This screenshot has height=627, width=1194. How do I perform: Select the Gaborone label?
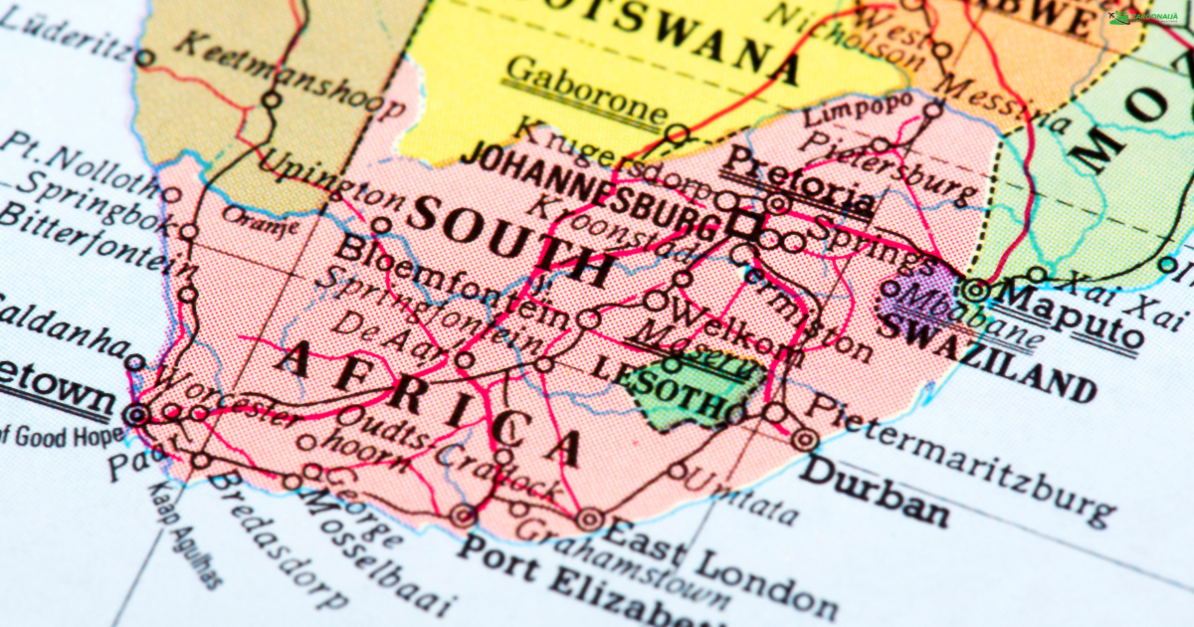(x=582, y=90)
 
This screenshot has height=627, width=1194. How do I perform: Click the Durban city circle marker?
(x=805, y=438)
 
